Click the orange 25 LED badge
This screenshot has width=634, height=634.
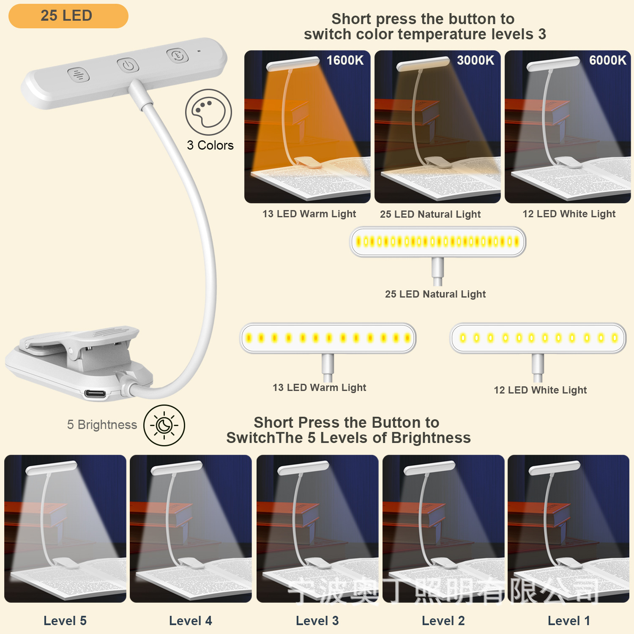68,16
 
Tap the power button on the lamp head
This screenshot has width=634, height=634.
128,66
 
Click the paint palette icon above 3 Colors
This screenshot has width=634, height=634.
208,112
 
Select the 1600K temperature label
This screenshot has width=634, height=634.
345,60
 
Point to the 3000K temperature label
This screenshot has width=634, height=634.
475,60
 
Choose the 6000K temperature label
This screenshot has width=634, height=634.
607,60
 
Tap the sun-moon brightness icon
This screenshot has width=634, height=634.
164,425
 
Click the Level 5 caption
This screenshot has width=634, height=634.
65,620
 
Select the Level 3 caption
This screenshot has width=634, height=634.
317,620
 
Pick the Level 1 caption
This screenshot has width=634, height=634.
568,620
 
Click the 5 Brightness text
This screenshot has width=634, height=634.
102,425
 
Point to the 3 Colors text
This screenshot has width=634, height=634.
210,145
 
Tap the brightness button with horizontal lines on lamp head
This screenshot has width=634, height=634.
79,75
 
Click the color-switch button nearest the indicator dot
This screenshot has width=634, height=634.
178,55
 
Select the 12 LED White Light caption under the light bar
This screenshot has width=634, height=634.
540,390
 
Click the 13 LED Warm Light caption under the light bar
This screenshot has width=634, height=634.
319,388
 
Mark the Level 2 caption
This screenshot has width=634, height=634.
443,620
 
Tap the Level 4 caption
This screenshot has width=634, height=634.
190,620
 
